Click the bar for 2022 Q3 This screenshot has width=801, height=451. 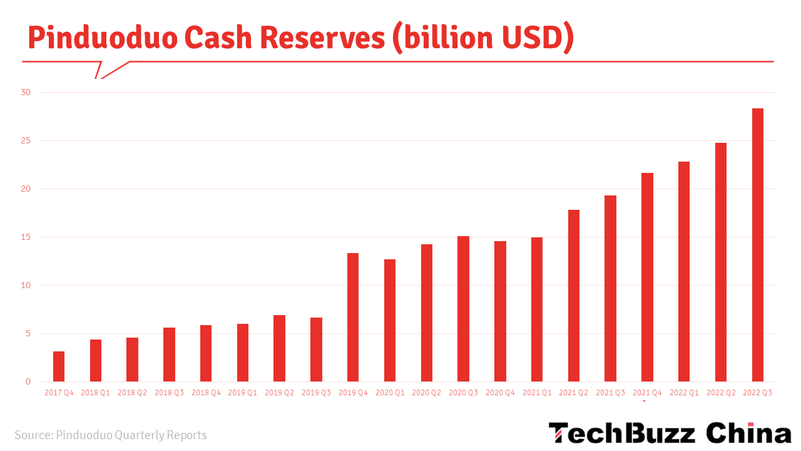[x=757, y=245]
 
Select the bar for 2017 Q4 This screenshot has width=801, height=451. [x=59, y=366]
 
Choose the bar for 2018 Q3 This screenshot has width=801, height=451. [x=169, y=355]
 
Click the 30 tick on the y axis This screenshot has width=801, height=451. [x=26, y=93]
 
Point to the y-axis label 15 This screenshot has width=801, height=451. [x=26, y=237]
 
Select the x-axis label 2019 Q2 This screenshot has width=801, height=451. [x=279, y=393]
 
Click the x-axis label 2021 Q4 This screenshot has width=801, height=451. [x=647, y=393]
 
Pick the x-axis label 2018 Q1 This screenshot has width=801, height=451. [x=96, y=393]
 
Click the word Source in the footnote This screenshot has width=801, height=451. [x=33, y=435]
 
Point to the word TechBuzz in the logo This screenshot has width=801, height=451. [x=622, y=433]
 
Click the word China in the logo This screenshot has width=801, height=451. [x=748, y=433]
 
